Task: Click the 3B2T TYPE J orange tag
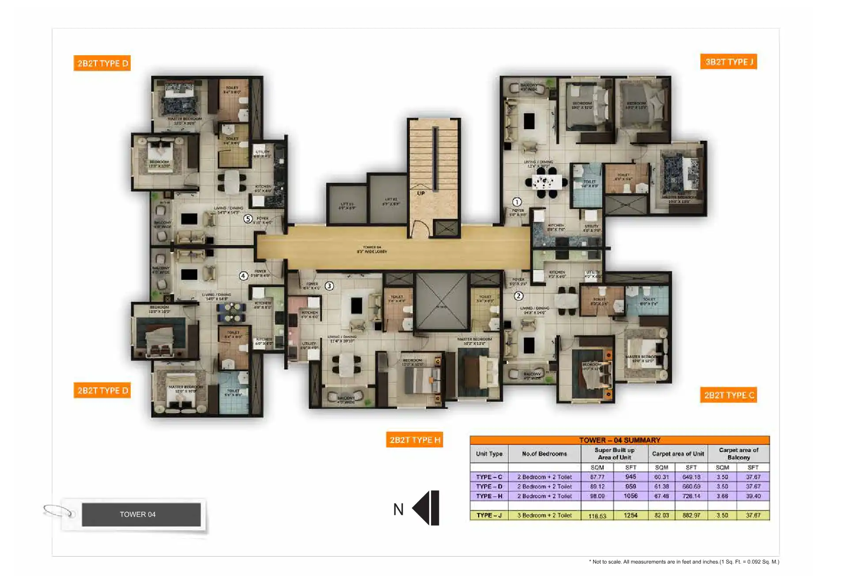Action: click(x=728, y=62)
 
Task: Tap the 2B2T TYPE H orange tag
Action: click(x=414, y=440)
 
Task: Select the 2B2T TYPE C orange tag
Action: click(x=728, y=395)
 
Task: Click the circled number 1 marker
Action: click(x=517, y=202)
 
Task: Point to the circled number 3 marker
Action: click(x=329, y=286)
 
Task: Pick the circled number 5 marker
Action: click(x=248, y=219)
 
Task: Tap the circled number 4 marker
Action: click(x=243, y=276)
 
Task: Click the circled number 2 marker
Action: click(x=518, y=296)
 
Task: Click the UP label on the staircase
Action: click(x=421, y=193)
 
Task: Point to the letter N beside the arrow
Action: click(x=398, y=510)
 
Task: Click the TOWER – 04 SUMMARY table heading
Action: click(x=620, y=440)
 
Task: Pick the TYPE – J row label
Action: click(x=489, y=515)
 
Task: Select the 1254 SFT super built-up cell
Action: click(x=631, y=515)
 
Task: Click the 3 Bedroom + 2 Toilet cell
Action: click(x=545, y=515)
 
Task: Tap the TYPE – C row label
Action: click(x=489, y=477)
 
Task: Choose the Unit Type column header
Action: click(x=489, y=454)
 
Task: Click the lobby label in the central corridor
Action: click(x=372, y=250)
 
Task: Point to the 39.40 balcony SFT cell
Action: click(x=753, y=496)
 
